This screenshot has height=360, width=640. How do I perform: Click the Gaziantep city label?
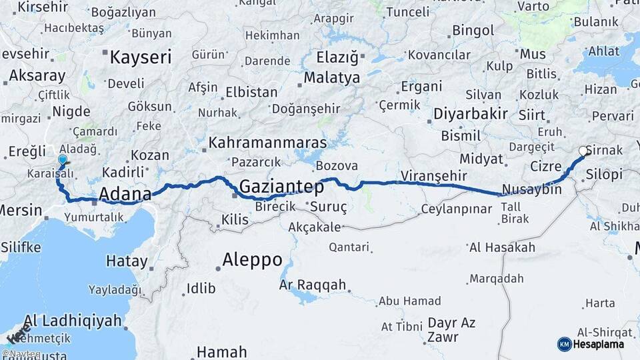click(281, 187)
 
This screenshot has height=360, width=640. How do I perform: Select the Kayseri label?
click(141, 57)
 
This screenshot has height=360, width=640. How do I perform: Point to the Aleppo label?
click(252, 259)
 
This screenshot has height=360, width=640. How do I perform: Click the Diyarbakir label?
click(471, 113)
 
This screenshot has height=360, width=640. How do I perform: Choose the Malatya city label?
click(332, 77)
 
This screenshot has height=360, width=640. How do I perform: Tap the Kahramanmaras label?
click(267, 143)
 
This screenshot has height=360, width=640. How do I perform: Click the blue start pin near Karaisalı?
click(63, 161)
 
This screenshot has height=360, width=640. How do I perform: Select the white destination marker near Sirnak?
click(583, 151)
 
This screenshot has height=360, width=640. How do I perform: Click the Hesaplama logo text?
click(599, 344)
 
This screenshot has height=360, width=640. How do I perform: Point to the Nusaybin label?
click(532, 189)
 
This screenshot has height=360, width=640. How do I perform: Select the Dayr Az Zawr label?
click(451, 329)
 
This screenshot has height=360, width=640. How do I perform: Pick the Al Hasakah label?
click(502, 247)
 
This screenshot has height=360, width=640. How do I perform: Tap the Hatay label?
click(127, 261)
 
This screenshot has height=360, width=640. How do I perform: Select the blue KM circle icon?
click(565, 344)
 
